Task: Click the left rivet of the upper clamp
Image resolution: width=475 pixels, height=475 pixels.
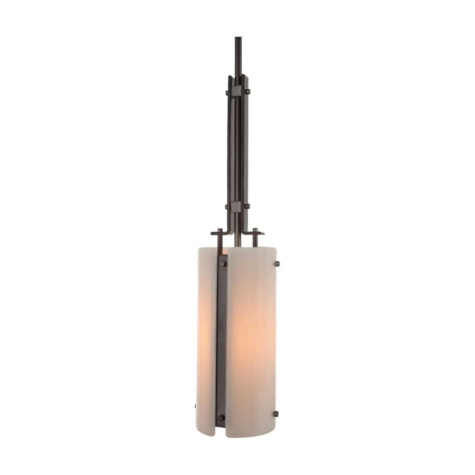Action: pyautogui.click(x=227, y=93)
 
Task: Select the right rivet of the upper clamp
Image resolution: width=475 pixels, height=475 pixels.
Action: pyautogui.click(x=248, y=92)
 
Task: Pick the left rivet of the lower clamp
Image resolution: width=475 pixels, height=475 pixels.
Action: pyautogui.click(x=227, y=207)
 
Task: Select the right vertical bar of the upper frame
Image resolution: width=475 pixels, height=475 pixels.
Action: pyautogui.click(x=244, y=149)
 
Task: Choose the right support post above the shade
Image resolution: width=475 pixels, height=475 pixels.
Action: pyautogui.click(x=255, y=240)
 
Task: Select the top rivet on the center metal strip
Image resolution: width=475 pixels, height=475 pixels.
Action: pyautogui.click(x=223, y=263)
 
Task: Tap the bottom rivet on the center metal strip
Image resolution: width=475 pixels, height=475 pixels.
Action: pyautogui.click(x=221, y=418)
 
